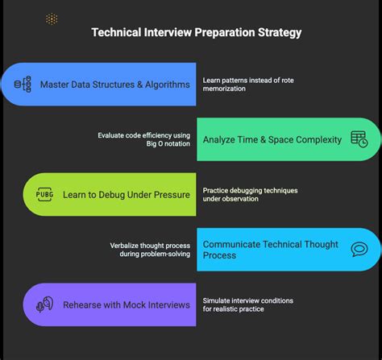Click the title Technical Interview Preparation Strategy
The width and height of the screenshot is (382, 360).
click(x=197, y=34)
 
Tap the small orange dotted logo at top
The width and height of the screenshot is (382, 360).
click(x=52, y=19)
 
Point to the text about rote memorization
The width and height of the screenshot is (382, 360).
click(x=248, y=84)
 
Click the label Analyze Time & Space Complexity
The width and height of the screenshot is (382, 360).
click(x=272, y=139)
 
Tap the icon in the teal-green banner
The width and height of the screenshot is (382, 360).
click(x=359, y=139)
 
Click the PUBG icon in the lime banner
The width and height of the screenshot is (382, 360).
click(x=44, y=195)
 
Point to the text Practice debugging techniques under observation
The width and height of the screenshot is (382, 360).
click(x=250, y=195)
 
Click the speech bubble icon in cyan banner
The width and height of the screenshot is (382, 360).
click(x=359, y=250)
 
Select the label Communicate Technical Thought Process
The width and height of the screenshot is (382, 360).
click(x=269, y=250)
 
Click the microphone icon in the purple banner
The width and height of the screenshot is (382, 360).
click(x=45, y=304)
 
